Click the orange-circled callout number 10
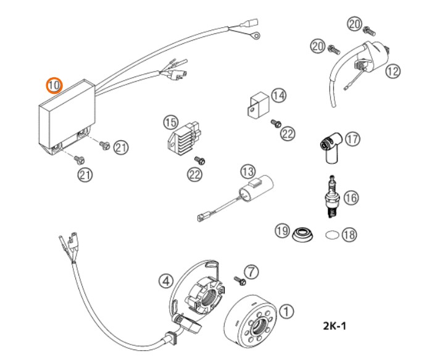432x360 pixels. click(x=54, y=85)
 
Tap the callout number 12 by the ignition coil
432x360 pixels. click(x=393, y=71)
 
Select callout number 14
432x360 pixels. click(x=278, y=96)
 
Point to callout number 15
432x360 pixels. click(x=171, y=122)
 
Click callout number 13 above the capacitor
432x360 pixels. click(x=248, y=172)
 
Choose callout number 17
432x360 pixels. click(x=352, y=139)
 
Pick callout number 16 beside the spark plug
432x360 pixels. click(x=351, y=198)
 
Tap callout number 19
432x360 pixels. click(x=283, y=230)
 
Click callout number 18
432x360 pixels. click(x=349, y=235)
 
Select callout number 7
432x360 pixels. click(x=251, y=272)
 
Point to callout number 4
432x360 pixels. click(x=166, y=281)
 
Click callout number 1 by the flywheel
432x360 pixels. click(x=286, y=312)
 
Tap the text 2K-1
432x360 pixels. click(x=334, y=326)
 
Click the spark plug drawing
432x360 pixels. click(x=333, y=196)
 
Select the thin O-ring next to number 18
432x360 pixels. click(x=332, y=235)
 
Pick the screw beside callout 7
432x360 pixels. click(x=240, y=281)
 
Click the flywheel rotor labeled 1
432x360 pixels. click(x=250, y=321)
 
